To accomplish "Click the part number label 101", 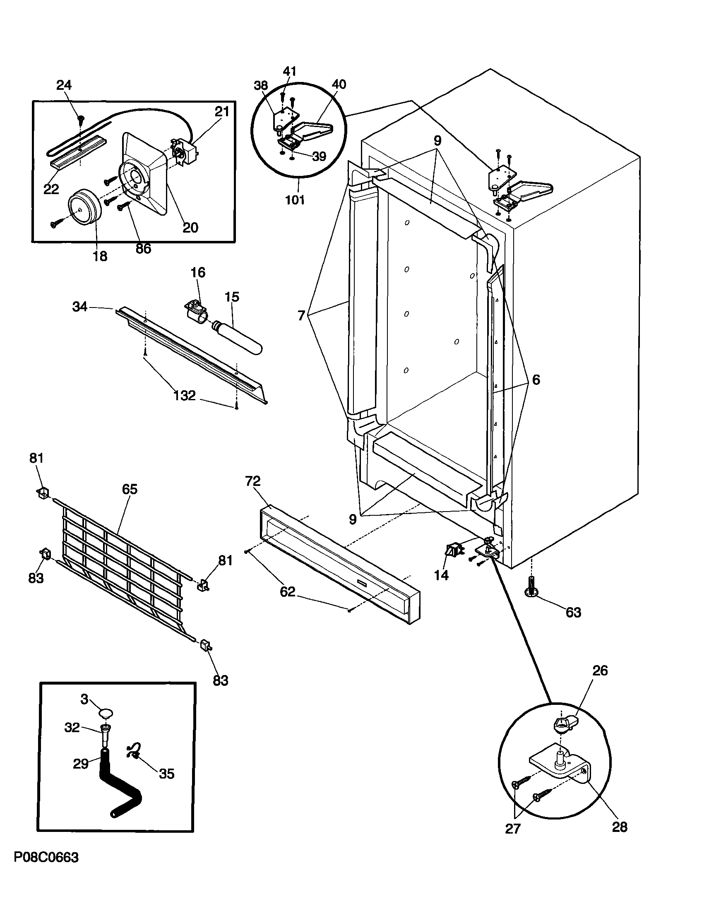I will pos(295,199).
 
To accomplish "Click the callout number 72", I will pos(252,481).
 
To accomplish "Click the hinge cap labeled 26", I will pos(564,725).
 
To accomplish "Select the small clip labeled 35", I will pos(134,752).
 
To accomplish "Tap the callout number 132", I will pos(184,396).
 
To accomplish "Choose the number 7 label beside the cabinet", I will pos(301,315).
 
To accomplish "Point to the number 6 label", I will pos(536,380).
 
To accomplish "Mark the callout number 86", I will pos(143,248).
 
